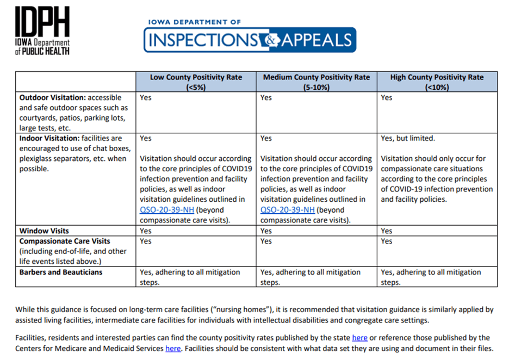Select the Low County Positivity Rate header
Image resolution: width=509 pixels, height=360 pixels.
196,82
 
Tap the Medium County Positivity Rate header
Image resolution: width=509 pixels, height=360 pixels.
316,82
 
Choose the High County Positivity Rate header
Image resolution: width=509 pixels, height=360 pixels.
437,82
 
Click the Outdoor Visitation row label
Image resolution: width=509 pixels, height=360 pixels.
53,98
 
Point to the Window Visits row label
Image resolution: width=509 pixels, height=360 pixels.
45,231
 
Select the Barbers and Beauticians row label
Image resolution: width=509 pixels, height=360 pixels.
61,272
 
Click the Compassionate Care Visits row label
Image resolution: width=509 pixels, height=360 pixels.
65,241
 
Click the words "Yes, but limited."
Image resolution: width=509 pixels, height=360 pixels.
408,139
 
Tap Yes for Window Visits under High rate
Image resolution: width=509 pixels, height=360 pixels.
387,231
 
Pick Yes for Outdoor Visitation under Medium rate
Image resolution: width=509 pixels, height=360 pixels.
266,98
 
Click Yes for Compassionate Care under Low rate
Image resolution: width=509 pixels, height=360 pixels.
146,241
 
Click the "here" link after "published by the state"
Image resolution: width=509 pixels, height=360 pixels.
359,338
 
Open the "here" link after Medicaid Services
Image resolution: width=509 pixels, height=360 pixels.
173,348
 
